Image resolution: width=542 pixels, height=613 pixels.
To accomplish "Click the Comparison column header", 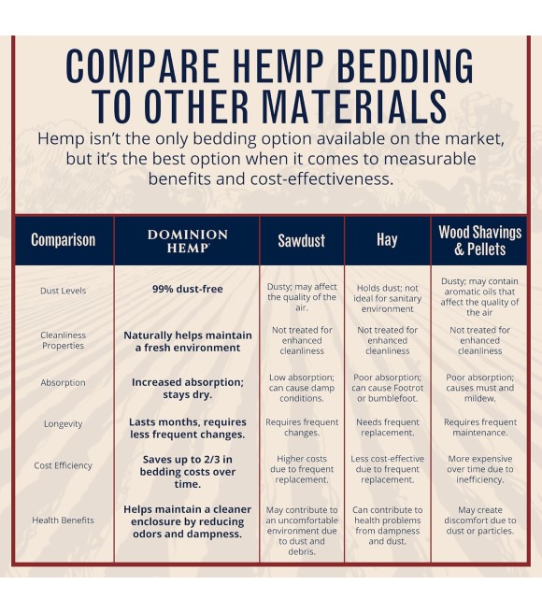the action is click(x=63, y=240).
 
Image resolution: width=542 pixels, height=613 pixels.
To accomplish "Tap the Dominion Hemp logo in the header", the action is click(x=187, y=241).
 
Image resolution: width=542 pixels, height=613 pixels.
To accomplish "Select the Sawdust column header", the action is click(x=302, y=240).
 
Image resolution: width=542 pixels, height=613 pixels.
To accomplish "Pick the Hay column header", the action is click(x=387, y=239).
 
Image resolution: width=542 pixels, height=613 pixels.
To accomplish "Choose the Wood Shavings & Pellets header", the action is click(x=479, y=240).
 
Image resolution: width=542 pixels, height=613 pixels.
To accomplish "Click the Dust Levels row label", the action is click(x=63, y=291).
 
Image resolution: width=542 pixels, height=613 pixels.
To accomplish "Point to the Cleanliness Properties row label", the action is click(x=63, y=340).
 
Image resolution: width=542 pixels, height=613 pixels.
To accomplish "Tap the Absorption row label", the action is click(x=63, y=382).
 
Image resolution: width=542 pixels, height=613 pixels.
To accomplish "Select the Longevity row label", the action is click(x=63, y=424).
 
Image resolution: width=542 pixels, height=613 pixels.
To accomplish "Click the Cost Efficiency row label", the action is click(x=63, y=465).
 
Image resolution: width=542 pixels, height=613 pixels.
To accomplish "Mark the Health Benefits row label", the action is click(x=63, y=520).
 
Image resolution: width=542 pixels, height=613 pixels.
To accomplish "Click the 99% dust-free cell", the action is click(x=187, y=289).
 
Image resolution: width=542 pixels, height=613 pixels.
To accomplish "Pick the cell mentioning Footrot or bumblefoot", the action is click(x=387, y=388).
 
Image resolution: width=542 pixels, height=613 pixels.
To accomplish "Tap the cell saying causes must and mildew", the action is click(x=479, y=388).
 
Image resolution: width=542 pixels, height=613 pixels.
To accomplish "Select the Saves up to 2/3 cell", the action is click(x=187, y=472).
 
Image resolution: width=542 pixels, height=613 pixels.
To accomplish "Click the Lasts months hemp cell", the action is click(x=187, y=428).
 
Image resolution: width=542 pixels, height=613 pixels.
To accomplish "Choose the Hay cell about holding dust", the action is click(x=387, y=298).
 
